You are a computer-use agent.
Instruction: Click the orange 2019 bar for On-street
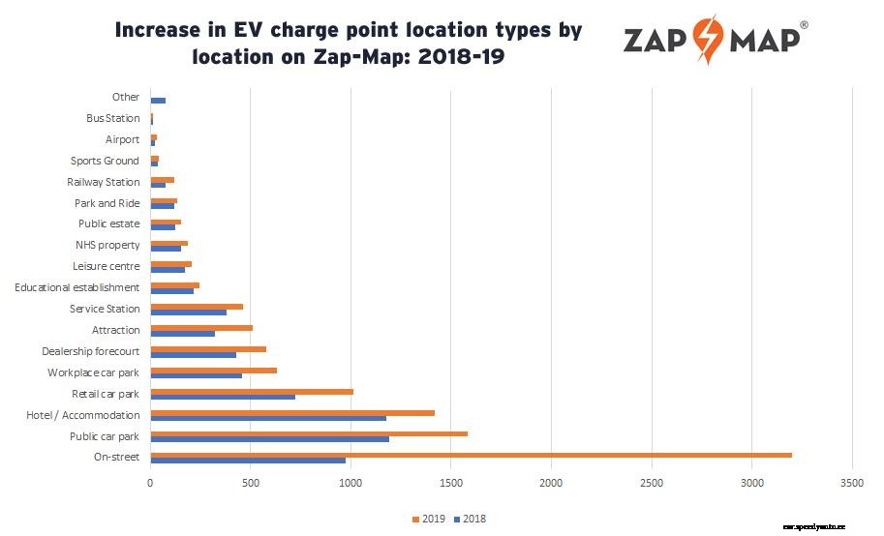[471, 455]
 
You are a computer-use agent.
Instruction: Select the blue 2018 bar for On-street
[248, 461]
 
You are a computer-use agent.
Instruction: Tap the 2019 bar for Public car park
[309, 433]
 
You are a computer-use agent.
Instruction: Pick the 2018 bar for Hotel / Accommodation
[268, 418]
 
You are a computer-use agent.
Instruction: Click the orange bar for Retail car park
[252, 391]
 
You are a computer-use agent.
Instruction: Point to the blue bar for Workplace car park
[197, 375]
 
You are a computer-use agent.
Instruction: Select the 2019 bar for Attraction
[201, 327]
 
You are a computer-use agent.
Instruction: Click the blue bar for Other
[158, 101]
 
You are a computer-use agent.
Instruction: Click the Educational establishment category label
[77, 287]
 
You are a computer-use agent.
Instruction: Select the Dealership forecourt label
[91, 351]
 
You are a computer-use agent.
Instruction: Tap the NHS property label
[107, 245]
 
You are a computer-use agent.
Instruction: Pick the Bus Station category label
[112, 118]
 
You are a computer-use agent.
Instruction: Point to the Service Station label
[105, 309]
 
